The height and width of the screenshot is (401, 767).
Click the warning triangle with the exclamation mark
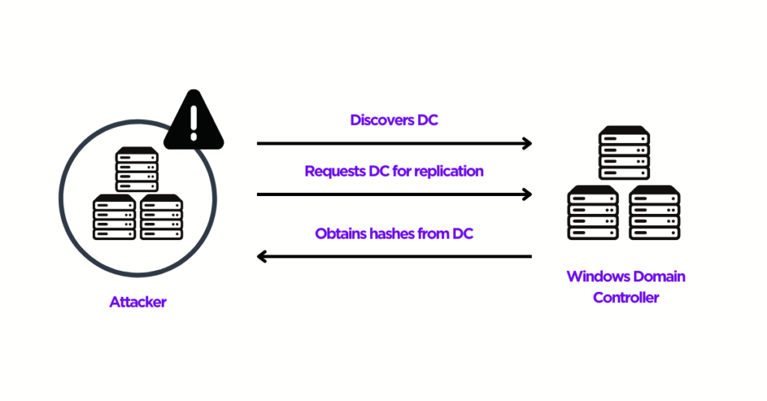point(193,121)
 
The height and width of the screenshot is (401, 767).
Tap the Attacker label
point(138,302)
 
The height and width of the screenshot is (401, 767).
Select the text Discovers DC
point(394,120)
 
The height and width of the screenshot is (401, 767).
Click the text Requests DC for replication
point(394,171)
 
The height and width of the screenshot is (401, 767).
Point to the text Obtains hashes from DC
point(394,234)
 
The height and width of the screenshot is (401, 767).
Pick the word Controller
point(626,298)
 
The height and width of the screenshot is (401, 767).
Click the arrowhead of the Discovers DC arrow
point(527,143)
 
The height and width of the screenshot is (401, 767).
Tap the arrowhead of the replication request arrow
point(527,195)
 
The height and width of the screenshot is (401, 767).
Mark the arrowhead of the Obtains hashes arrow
point(261,257)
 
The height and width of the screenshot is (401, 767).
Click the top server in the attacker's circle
point(137,170)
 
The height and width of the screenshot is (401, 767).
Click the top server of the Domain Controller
point(624,153)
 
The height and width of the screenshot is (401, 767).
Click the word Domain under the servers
point(658,276)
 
